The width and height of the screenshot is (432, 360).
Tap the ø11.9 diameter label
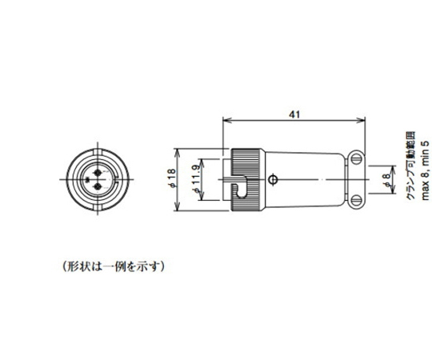pos(196,182)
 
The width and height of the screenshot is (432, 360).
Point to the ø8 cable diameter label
pos(386,182)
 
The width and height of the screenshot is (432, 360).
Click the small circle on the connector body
pos(275,179)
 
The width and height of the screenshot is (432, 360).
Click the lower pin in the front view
pos(99,188)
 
